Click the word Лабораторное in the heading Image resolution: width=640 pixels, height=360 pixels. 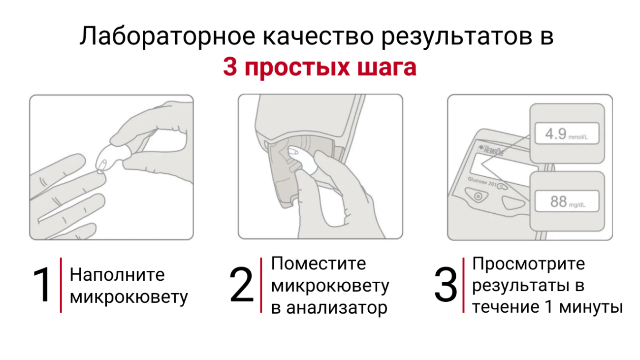point(167,36)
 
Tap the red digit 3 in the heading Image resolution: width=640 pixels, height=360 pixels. point(230,67)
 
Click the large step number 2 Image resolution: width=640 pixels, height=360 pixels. point(242,285)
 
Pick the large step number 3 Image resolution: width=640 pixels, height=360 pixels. point(446,285)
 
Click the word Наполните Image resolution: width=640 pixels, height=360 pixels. point(117,275)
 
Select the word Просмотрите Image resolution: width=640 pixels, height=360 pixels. point(528,263)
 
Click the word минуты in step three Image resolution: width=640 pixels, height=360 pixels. point(591,307)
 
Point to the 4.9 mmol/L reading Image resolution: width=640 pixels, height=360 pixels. point(567,134)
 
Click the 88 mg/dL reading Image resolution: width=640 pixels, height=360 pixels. point(568,201)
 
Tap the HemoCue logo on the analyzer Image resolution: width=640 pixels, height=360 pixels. point(491,150)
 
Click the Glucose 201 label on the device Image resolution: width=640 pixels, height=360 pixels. point(483,182)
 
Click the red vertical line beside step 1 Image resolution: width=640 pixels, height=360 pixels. point(61,285)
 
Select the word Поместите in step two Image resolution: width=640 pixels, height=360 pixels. point(319,263)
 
